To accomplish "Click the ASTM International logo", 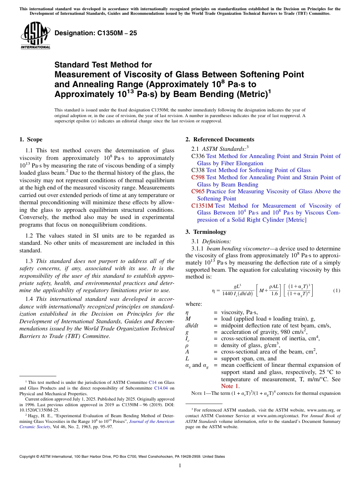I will [x=35, y=36].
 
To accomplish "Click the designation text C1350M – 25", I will [x=96, y=33].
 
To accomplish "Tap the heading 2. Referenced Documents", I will [x=220, y=139].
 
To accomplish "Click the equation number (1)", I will [x=337, y=291].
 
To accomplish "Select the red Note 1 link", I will [x=230, y=386].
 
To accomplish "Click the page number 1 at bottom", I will [x=180, y=466].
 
